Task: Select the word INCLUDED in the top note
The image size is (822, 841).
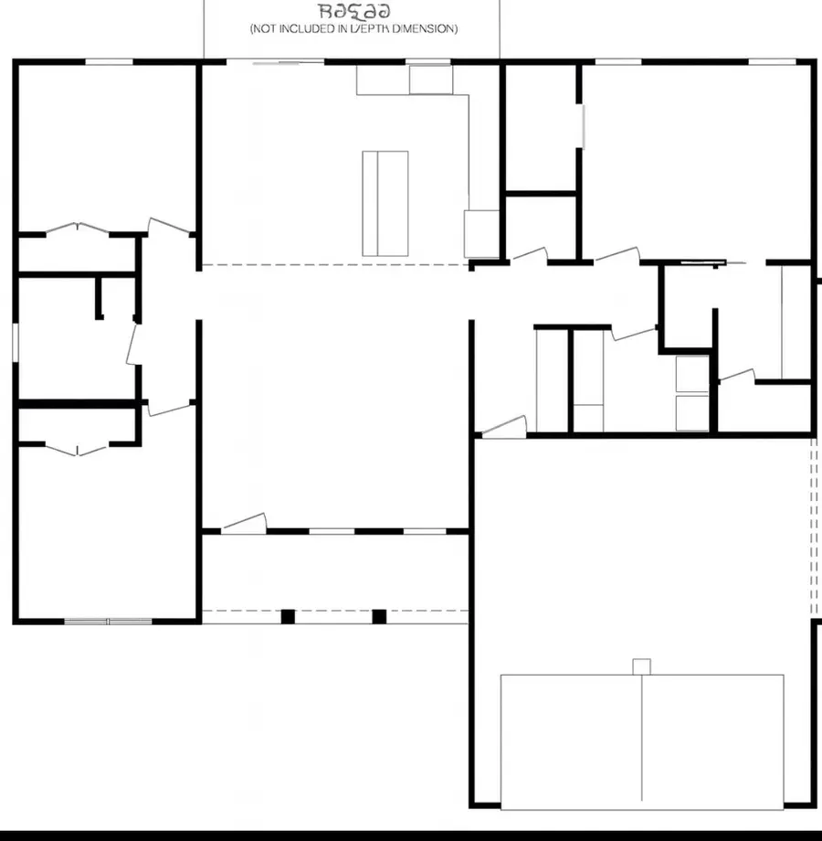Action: pyautogui.click(x=308, y=29)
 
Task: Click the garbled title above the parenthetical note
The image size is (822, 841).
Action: pyautogui.click(x=354, y=11)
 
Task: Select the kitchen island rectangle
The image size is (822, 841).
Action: pyautogui.click(x=385, y=203)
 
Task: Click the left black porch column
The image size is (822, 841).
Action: pyautogui.click(x=288, y=616)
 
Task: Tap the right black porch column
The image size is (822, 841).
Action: pyautogui.click(x=379, y=616)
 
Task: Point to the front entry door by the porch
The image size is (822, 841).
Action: pyautogui.click(x=244, y=523)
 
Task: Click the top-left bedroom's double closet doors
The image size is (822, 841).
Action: pyautogui.click(x=79, y=228)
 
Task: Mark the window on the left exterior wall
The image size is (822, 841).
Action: pyautogui.click(x=16, y=341)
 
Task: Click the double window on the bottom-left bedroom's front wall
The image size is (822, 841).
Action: pyautogui.click(x=108, y=622)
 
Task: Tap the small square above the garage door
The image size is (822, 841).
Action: pyautogui.click(x=641, y=666)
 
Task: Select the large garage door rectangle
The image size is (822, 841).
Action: pyautogui.click(x=641, y=740)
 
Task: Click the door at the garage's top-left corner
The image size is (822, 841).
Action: pyautogui.click(x=504, y=426)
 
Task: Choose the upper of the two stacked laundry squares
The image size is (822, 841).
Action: pyautogui.click(x=691, y=374)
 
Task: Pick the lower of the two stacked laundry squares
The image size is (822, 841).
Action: pyautogui.click(x=691, y=412)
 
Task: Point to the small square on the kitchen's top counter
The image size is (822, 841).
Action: pyautogui.click(x=430, y=80)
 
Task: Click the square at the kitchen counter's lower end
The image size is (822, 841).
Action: pyautogui.click(x=479, y=234)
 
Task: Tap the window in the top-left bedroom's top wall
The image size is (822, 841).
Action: pyautogui.click(x=109, y=61)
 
